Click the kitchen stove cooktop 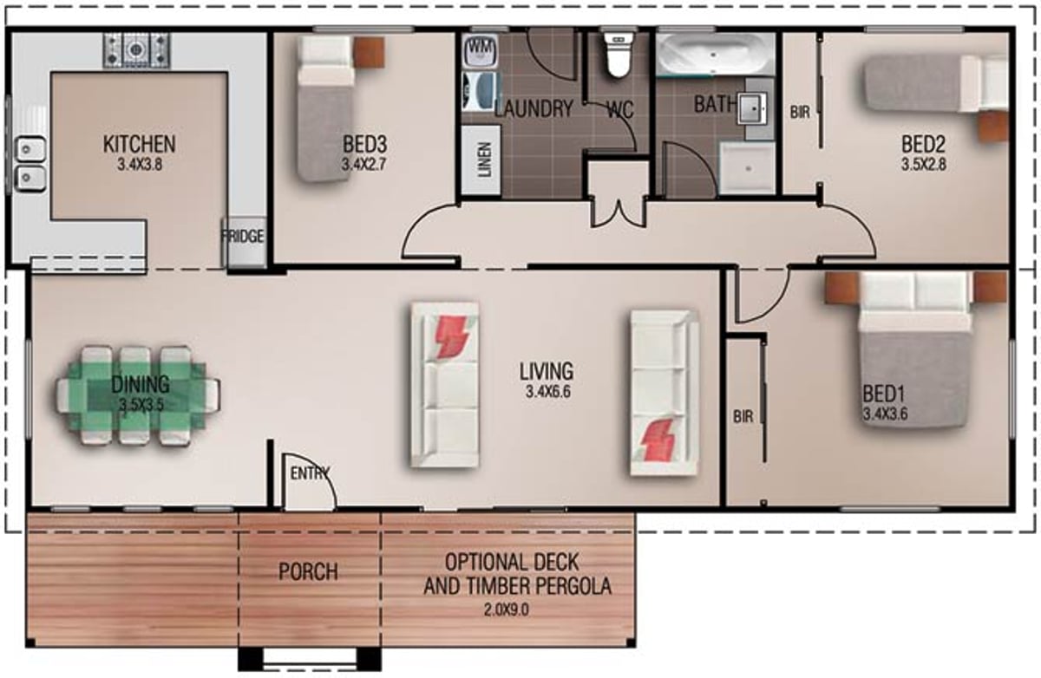tap(137, 50)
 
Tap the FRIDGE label tap(243, 237)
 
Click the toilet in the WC tap(619, 55)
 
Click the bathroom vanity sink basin tap(752, 108)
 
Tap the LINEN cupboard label tap(484, 160)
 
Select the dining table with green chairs tap(138, 395)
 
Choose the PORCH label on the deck tap(308, 571)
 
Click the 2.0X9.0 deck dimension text tap(506, 610)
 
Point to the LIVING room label tap(547, 371)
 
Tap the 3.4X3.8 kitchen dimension tap(140, 165)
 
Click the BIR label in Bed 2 tap(800, 112)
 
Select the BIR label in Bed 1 tap(743, 416)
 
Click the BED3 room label tap(365, 145)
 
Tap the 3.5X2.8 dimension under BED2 tap(923, 165)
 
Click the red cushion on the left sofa tap(450, 336)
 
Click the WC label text tap(620, 110)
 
